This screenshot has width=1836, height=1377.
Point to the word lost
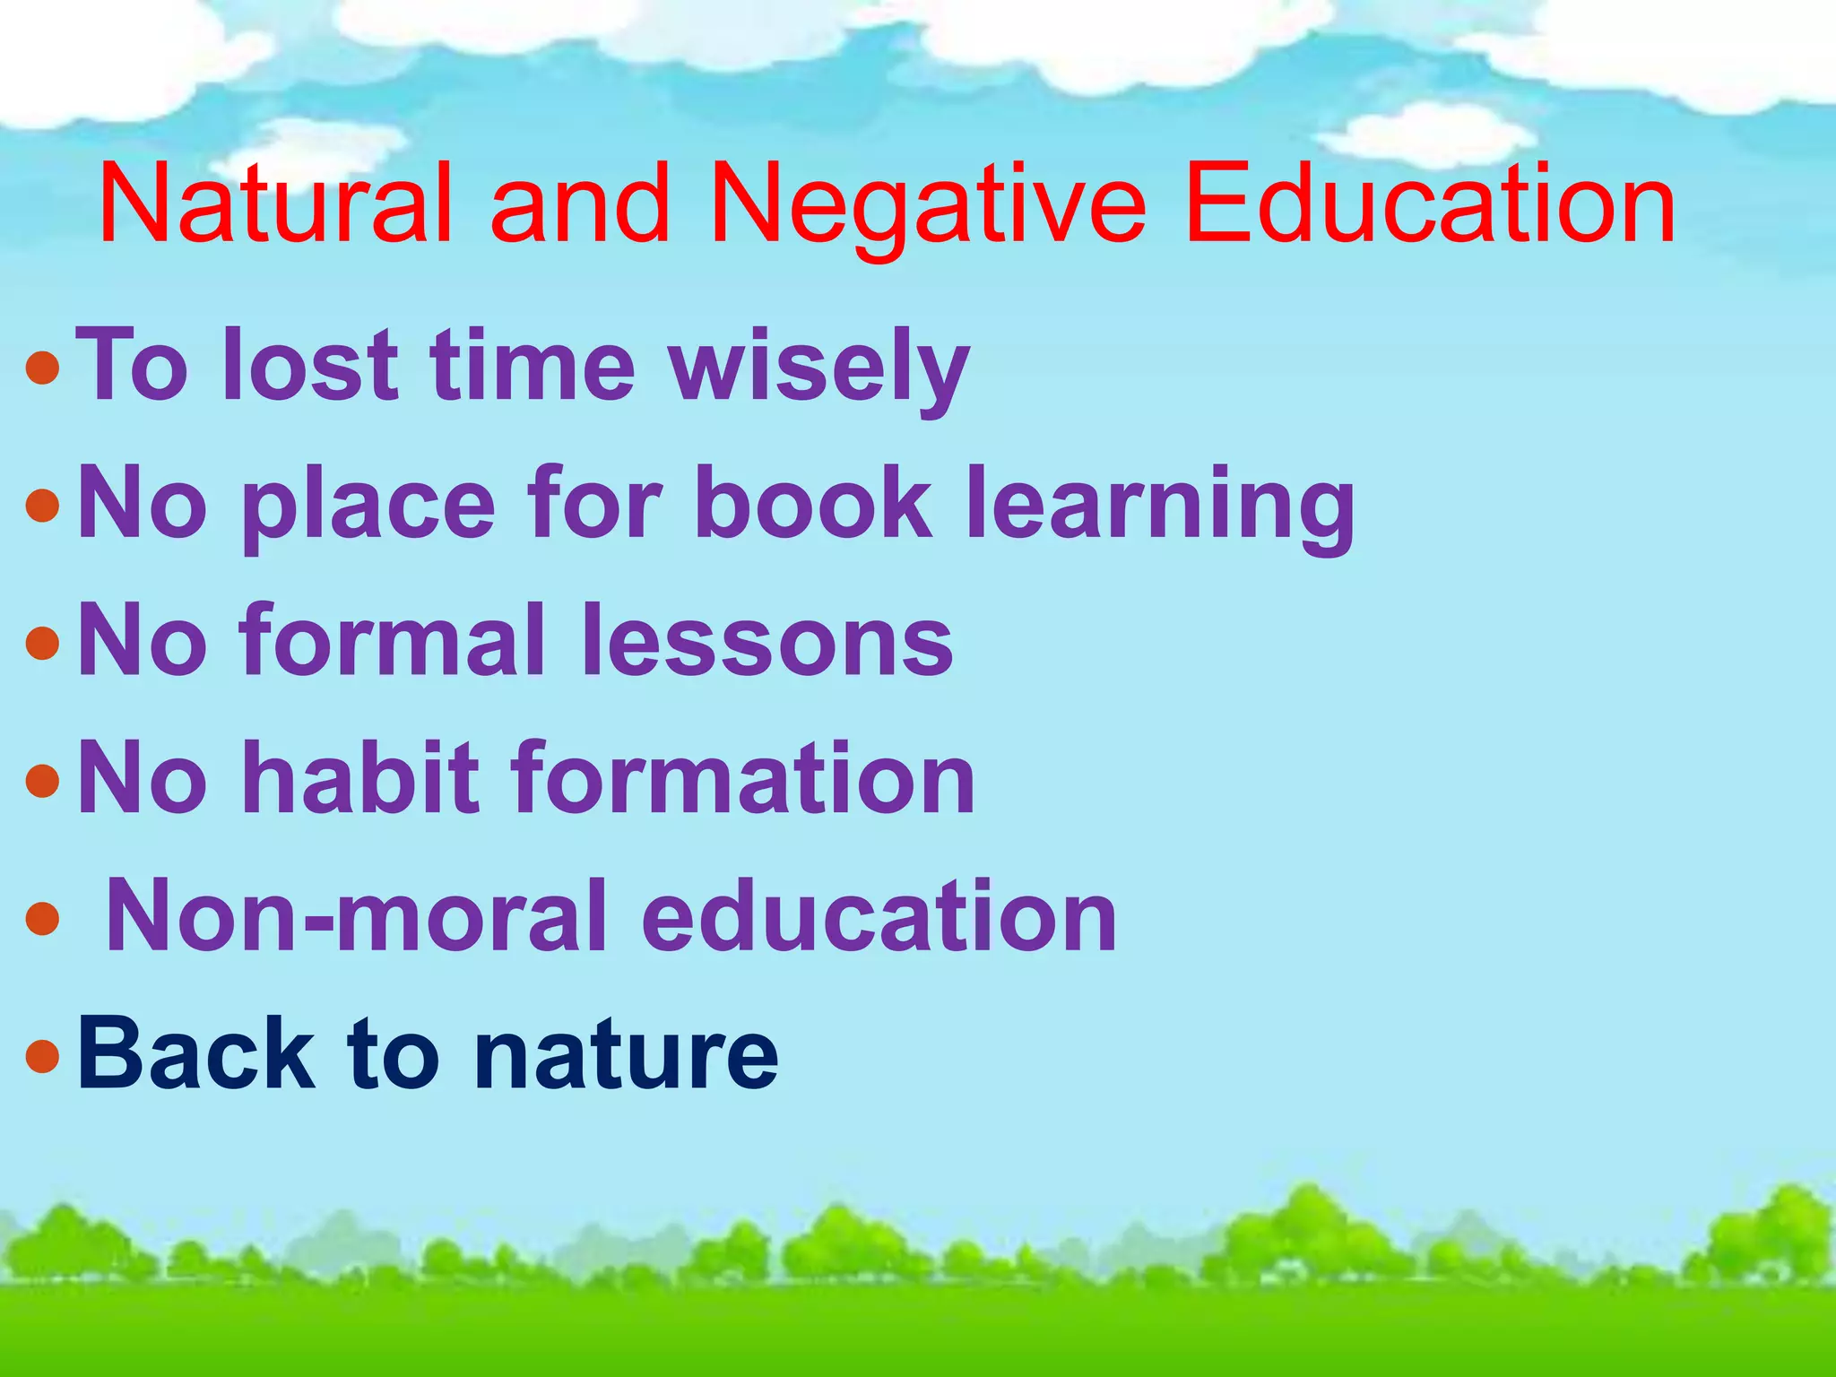[x=310, y=365]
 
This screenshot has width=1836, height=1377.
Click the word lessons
[x=766, y=640]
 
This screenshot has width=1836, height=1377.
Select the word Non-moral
[x=355, y=915]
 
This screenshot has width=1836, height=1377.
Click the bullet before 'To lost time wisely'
[x=43, y=368]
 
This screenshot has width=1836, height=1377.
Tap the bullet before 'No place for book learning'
[x=43, y=506]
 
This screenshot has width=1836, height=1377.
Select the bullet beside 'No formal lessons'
[x=43, y=643]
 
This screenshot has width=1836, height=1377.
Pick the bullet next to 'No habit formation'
[x=43, y=781]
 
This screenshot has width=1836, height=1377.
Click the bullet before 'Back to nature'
[x=43, y=1056]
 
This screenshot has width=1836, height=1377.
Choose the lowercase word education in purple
[x=879, y=915]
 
